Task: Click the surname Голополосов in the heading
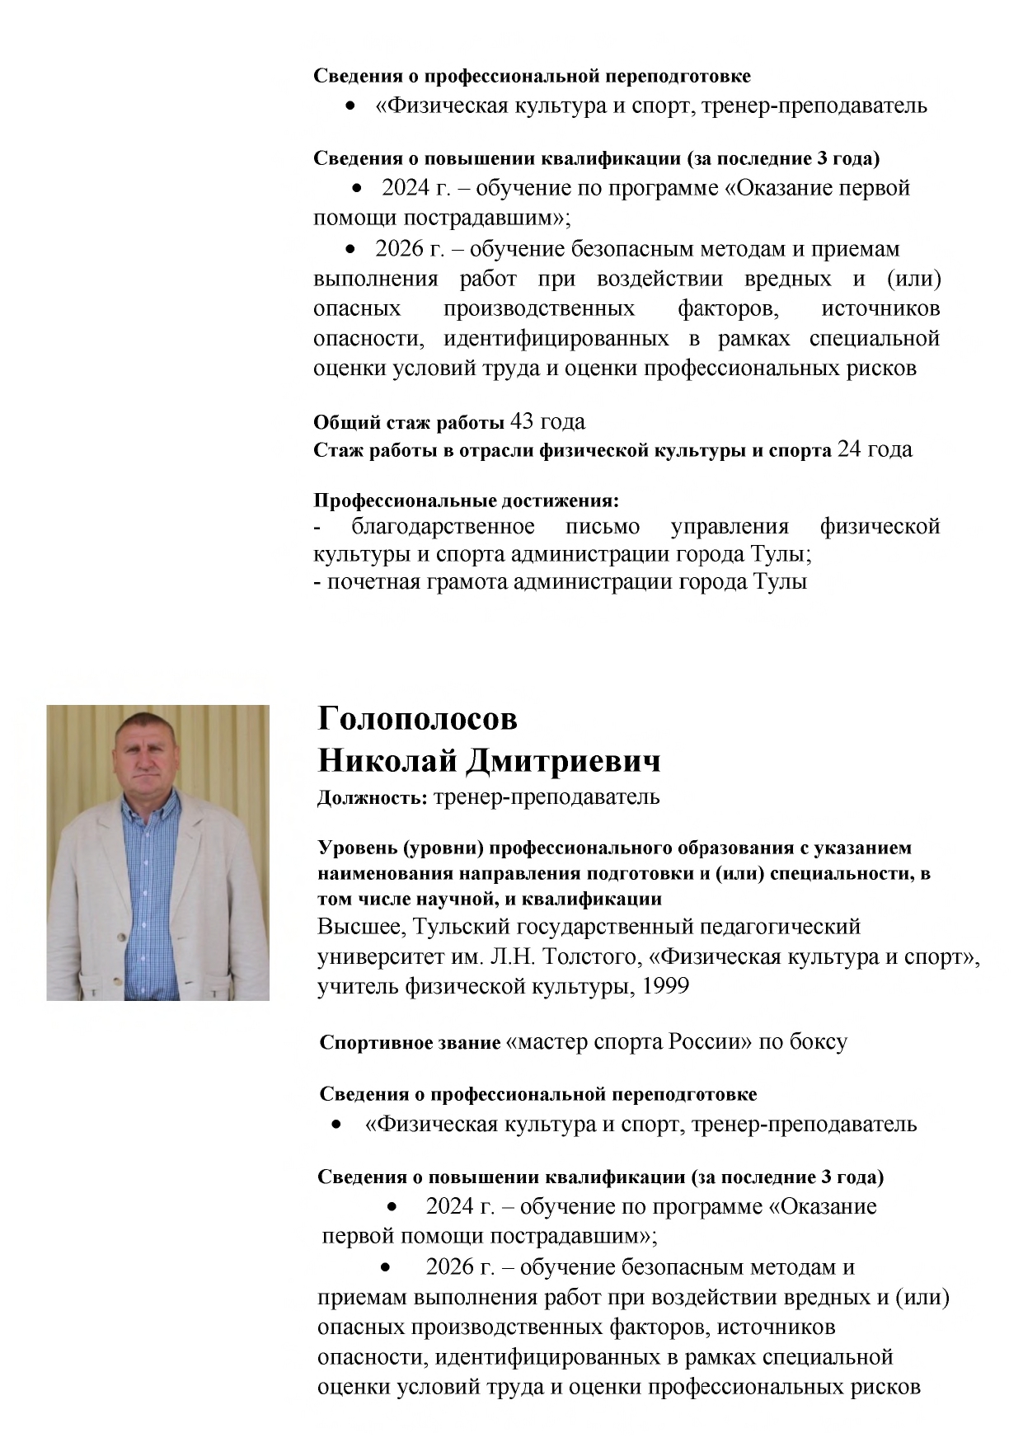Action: click(x=417, y=719)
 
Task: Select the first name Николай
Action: click(x=387, y=761)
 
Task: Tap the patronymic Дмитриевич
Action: click(x=563, y=761)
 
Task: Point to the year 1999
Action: click(x=666, y=986)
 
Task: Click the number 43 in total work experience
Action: click(x=522, y=421)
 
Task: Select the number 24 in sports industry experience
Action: click(x=850, y=449)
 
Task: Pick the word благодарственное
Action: click(x=443, y=526)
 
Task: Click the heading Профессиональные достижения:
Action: click(x=466, y=500)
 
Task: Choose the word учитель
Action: click(x=358, y=986)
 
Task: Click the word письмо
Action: click(x=603, y=526)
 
